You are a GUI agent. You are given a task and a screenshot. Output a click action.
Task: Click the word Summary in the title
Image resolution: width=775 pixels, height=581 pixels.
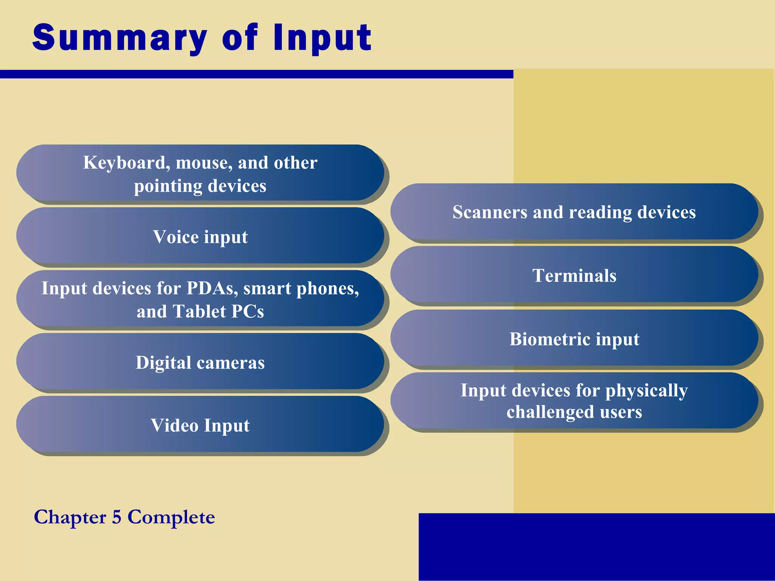coord(120,38)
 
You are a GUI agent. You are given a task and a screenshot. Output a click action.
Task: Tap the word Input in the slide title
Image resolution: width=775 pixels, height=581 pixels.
coord(322,38)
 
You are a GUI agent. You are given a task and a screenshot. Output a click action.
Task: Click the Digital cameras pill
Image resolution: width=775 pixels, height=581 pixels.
coord(200,362)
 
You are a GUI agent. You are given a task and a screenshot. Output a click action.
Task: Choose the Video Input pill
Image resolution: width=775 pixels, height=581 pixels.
coord(200,425)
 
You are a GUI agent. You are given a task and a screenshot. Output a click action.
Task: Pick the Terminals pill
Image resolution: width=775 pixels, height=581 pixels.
coord(574,275)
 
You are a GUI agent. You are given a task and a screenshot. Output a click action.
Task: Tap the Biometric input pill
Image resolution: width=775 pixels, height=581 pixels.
coord(574,339)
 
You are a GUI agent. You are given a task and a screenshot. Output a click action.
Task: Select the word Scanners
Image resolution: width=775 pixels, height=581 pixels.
coord(490,212)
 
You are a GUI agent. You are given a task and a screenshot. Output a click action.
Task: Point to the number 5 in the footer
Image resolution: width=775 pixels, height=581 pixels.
coord(117,517)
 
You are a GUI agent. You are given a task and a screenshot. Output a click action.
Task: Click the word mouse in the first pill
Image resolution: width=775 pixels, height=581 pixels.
coord(204,163)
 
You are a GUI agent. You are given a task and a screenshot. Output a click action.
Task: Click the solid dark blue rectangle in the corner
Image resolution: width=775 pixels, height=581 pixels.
coord(596,546)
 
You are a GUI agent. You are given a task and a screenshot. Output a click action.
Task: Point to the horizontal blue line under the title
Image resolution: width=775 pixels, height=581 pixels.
coord(257,74)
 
